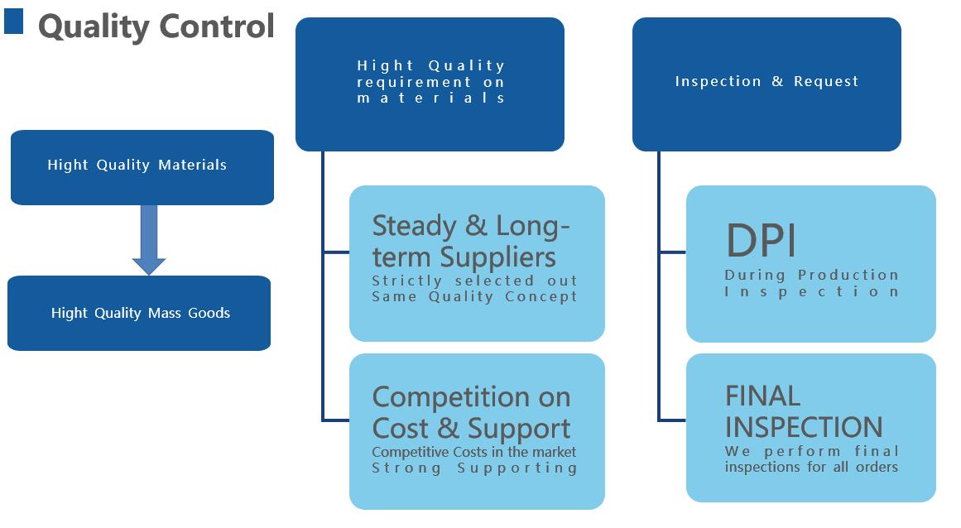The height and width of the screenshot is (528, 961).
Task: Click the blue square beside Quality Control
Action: click(x=13, y=21)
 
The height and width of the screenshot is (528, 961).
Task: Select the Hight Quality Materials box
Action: click(x=142, y=167)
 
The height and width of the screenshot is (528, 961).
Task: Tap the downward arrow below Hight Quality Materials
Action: click(x=149, y=240)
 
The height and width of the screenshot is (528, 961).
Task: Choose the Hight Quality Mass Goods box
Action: click(x=139, y=313)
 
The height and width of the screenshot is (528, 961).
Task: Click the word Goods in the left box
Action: click(x=209, y=313)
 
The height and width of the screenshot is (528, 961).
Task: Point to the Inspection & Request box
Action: click(x=766, y=84)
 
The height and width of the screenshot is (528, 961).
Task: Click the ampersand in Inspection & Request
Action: click(x=777, y=81)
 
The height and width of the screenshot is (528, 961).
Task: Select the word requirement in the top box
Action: click(x=414, y=82)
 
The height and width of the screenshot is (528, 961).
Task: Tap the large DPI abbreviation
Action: click(x=762, y=241)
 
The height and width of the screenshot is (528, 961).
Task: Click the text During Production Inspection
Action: click(x=811, y=283)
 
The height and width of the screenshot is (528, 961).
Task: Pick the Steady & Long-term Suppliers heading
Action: click(x=471, y=242)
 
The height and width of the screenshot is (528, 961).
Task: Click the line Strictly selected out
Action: click(x=474, y=281)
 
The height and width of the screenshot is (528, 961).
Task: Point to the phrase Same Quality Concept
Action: click(x=474, y=296)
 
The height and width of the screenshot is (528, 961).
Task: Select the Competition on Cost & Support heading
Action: click(x=471, y=413)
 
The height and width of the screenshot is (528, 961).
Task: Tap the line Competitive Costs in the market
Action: click(x=473, y=452)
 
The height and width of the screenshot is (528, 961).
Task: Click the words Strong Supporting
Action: click(x=474, y=468)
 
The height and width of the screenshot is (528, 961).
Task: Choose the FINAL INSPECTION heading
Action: click(x=804, y=411)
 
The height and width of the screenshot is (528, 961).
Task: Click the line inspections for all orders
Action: click(x=811, y=467)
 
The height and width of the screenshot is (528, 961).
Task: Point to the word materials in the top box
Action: click(x=431, y=98)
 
